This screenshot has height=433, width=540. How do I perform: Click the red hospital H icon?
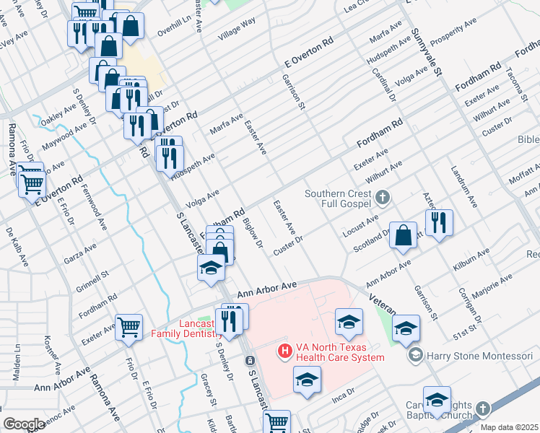point(285,351)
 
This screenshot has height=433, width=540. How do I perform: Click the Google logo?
point(25,424)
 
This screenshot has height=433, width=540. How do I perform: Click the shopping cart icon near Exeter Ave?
point(129,326)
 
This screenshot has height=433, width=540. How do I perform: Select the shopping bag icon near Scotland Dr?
point(405,235)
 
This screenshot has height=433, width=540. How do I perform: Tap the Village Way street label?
point(238,32)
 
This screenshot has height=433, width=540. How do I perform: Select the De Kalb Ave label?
point(16,244)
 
